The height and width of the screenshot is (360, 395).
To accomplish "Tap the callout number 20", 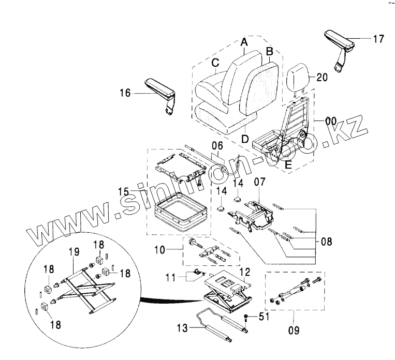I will coord(321,78).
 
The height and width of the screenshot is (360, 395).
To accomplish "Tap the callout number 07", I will coord(258,182).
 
